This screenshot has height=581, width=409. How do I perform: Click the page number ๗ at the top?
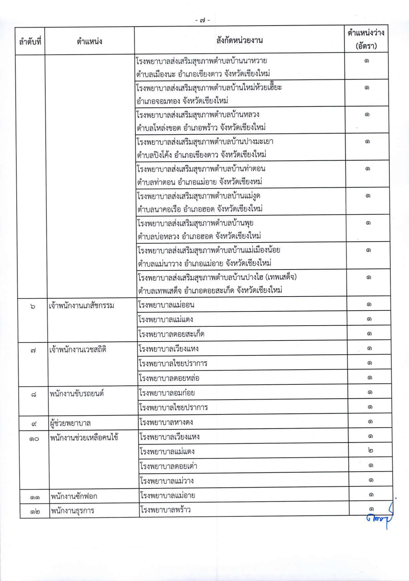(x=202, y=20)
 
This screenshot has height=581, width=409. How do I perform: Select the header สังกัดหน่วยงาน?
(x=239, y=41)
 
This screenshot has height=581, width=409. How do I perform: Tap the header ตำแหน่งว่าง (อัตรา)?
(x=366, y=39)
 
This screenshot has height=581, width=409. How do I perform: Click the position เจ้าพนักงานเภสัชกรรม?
(x=81, y=306)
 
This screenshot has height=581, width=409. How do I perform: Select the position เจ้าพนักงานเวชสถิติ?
(x=78, y=349)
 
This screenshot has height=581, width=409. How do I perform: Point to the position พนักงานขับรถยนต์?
(x=77, y=394)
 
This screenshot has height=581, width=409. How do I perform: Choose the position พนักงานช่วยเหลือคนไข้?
(x=84, y=438)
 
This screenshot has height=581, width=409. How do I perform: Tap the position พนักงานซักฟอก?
(x=74, y=496)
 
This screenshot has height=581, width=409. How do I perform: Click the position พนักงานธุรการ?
(x=72, y=511)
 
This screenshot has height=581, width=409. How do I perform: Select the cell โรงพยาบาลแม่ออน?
(x=166, y=305)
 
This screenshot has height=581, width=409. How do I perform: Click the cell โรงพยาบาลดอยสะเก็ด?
(x=171, y=334)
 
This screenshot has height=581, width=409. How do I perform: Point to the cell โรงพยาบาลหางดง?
(x=166, y=422)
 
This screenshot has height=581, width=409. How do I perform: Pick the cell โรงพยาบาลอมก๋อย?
(x=167, y=393)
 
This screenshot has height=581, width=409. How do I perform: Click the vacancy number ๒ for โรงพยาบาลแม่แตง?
(x=370, y=450)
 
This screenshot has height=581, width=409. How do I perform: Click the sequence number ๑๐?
(x=34, y=439)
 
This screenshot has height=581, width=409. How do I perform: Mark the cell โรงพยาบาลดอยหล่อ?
(x=169, y=378)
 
